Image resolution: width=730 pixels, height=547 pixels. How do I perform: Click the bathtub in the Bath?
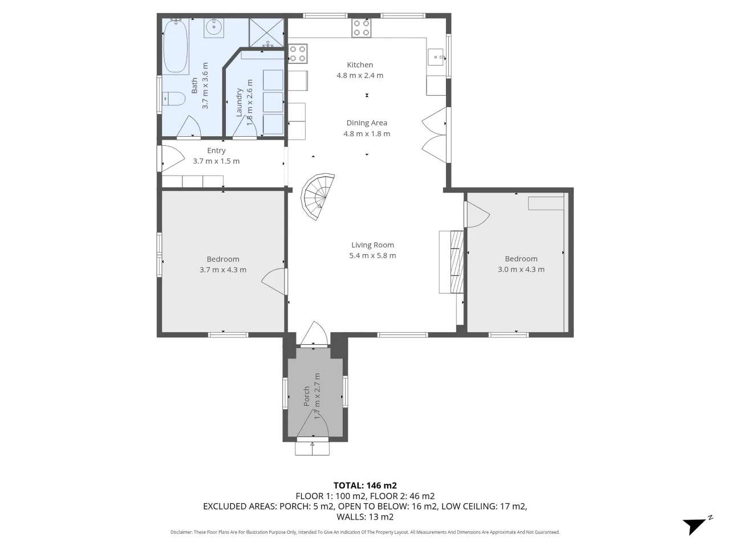(176, 46)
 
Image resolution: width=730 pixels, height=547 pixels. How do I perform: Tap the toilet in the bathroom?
(175, 99)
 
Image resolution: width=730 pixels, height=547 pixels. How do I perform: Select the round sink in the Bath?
(213, 27)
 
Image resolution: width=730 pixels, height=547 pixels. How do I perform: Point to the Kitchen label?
(360, 65)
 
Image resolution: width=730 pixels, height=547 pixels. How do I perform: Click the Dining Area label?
(367, 123)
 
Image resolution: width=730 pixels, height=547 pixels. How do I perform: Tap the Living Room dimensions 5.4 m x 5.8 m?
(372, 255)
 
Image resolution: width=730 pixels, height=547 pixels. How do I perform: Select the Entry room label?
(216, 150)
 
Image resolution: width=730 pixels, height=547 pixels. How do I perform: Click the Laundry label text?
(238, 103)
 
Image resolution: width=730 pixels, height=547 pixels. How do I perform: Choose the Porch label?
(306, 396)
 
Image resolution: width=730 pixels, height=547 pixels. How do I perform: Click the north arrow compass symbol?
(697, 525)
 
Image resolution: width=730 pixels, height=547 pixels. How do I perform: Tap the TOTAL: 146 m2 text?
(365, 485)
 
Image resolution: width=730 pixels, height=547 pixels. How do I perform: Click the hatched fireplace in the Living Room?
(457, 262)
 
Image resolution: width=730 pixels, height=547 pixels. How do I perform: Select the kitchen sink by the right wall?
(436, 57)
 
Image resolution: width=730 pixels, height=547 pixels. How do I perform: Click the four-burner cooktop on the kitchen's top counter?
(362, 28)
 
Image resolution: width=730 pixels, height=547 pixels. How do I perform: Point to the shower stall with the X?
(266, 32)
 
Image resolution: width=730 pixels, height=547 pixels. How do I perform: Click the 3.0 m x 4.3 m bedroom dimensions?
(521, 270)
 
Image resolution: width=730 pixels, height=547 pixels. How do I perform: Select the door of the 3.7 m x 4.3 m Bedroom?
(274, 281)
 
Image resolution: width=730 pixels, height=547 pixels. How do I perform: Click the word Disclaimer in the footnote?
(181, 532)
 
